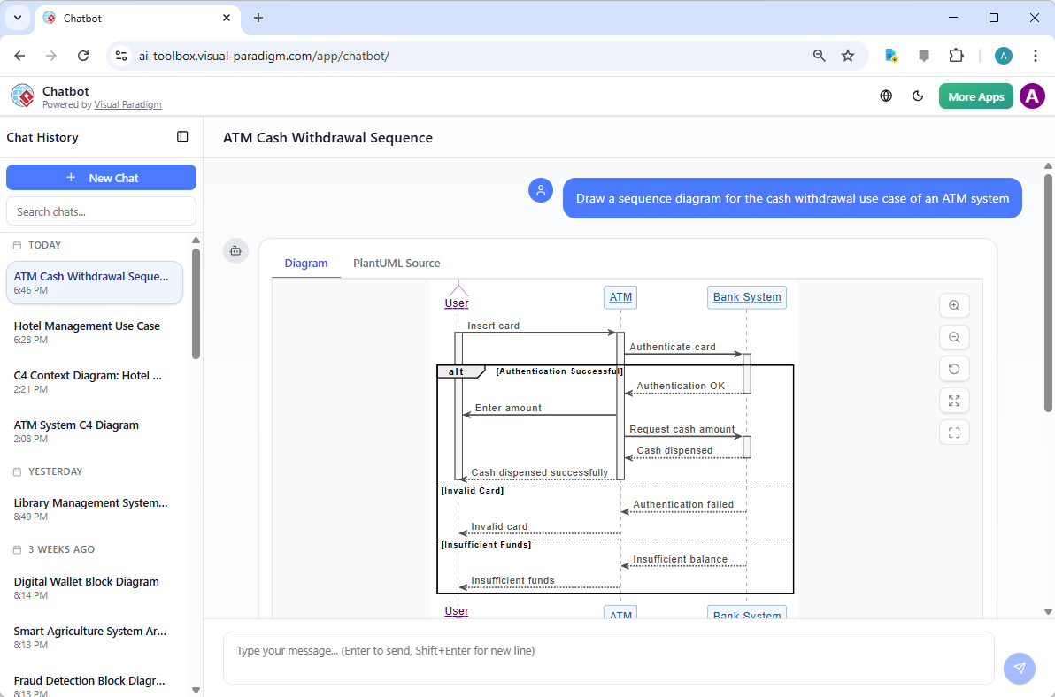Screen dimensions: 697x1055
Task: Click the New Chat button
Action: [101, 178]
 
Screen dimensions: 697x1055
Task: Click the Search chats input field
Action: [101, 211]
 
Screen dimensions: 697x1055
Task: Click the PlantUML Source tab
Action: [397, 264]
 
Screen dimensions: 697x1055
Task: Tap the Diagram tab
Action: [306, 264]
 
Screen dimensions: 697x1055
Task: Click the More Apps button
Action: [975, 96]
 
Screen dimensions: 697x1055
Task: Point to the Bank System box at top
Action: [747, 297]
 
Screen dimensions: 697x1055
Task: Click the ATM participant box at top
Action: [620, 297]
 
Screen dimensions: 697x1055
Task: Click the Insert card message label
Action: [494, 326]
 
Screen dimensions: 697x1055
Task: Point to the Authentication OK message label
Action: [681, 386]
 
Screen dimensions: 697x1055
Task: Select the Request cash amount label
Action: [682, 429]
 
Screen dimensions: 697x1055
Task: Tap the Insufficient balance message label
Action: [680, 559]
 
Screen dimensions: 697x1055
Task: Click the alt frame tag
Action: [457, 371]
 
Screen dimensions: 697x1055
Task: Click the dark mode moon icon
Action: [918, 96]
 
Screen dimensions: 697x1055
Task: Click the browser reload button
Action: [83, 56]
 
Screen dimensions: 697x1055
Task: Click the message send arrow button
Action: [1020, 669]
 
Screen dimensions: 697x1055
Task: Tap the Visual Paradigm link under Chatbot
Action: [127, 104]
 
